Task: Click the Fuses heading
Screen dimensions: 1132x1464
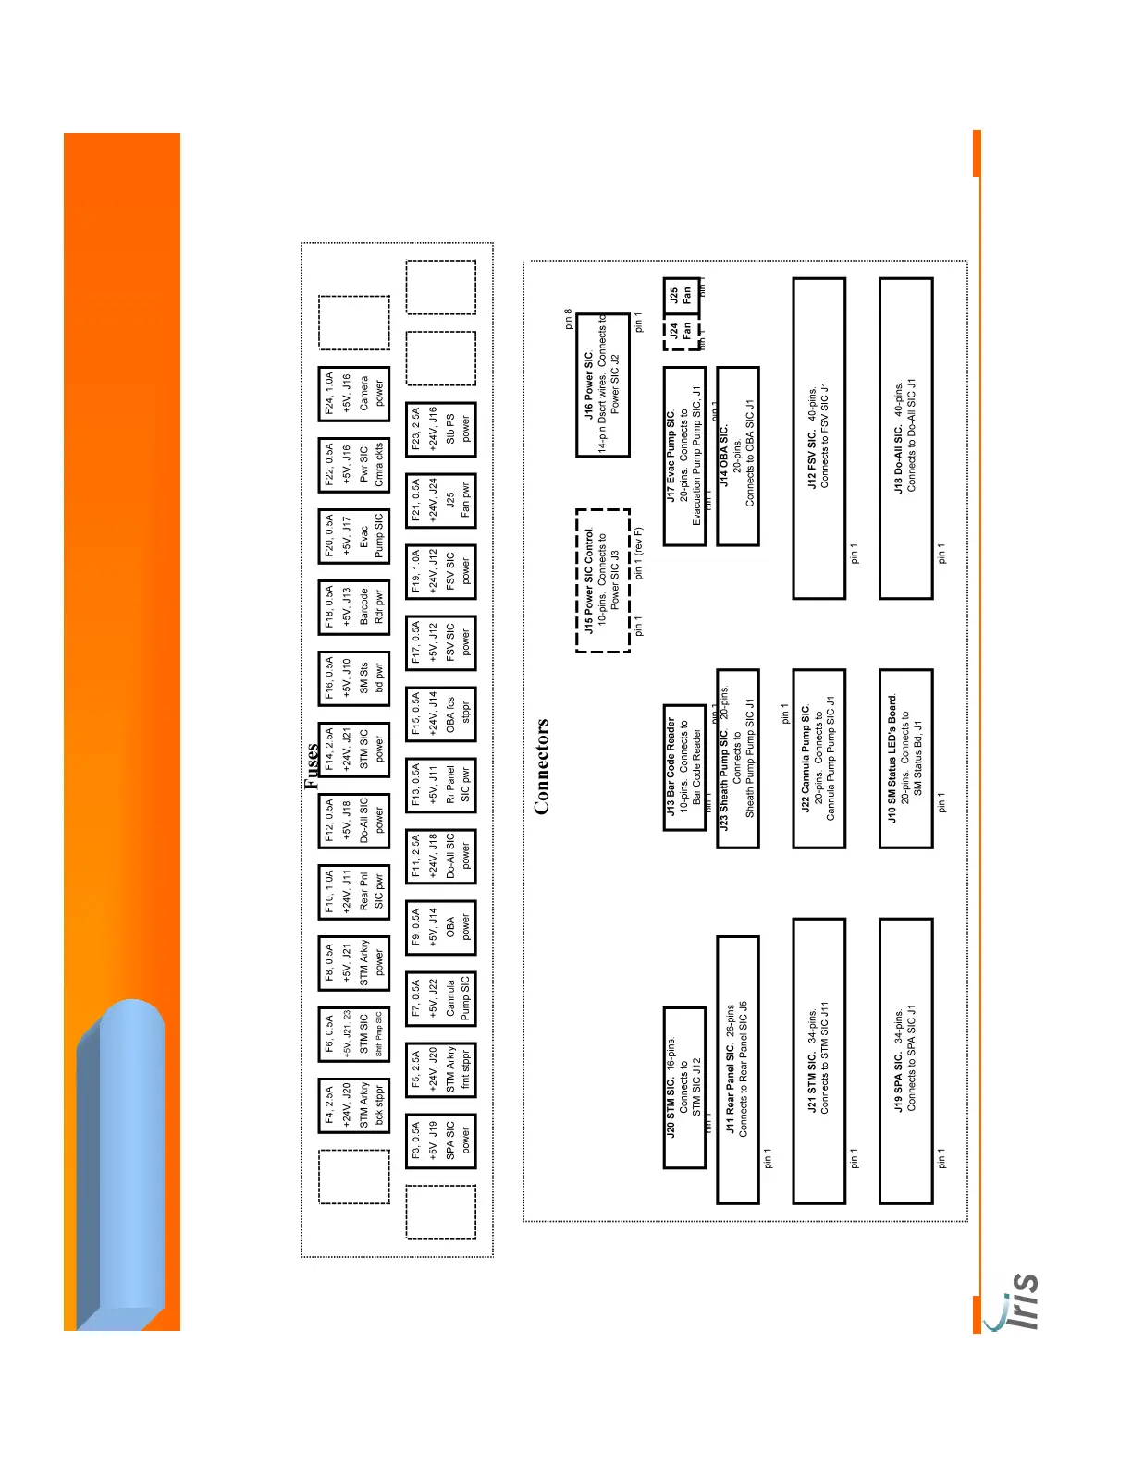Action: coord(312,765)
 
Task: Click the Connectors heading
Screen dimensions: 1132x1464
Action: coord(541,766)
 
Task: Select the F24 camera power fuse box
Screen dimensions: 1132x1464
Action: coord(353,392)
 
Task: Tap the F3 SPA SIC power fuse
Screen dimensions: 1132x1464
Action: coord(440,1141)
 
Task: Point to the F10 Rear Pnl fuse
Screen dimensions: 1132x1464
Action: coord(353,892)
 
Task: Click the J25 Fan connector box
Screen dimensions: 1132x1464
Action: coord(681,296)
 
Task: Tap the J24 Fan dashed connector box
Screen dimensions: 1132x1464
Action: coord(681,332)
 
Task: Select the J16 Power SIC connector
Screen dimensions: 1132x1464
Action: coord(602,384)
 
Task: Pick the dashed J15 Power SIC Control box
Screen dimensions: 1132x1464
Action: coord(602,580)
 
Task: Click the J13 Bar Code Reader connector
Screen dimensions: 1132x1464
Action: coord(684,766)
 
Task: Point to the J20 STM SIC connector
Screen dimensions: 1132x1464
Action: coord(684,1087)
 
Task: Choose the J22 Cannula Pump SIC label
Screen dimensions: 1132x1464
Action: coord(818,759)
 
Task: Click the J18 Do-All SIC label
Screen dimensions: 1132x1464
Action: coord(904,435)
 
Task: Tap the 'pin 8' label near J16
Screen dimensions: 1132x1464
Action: coord(568,319)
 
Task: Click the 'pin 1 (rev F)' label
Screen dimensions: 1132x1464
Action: coord(638,554)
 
